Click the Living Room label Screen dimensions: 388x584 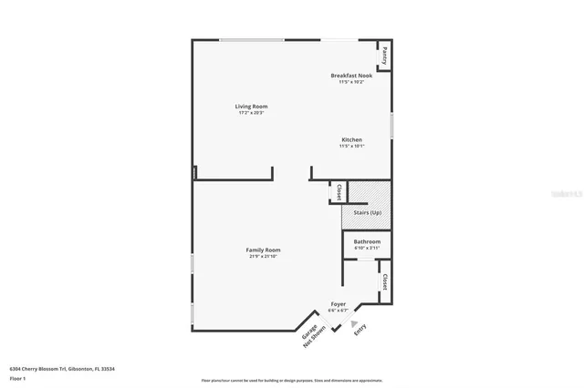point(252,107)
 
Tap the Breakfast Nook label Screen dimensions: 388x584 point(351,76)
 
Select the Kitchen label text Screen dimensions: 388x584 point(351,139)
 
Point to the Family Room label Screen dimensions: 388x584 point(263,250)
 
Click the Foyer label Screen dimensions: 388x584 point(338,304)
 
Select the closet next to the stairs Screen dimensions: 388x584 point(338,192)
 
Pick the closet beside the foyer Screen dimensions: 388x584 point(385,282)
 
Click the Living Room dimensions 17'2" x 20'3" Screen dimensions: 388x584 point(252,113)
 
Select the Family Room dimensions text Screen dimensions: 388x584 point(263,256)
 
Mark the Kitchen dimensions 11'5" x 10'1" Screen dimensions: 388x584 point(351,146)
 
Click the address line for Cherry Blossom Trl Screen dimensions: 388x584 point(68,368)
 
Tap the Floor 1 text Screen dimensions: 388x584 point(16,377)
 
